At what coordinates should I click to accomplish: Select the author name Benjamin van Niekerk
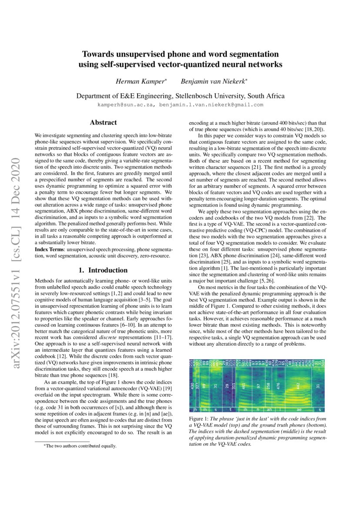207,82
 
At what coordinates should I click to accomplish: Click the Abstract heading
103,123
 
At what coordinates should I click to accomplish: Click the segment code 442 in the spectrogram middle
298,385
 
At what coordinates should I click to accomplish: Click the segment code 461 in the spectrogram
244,385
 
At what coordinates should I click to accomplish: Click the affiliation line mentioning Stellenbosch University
180,96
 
